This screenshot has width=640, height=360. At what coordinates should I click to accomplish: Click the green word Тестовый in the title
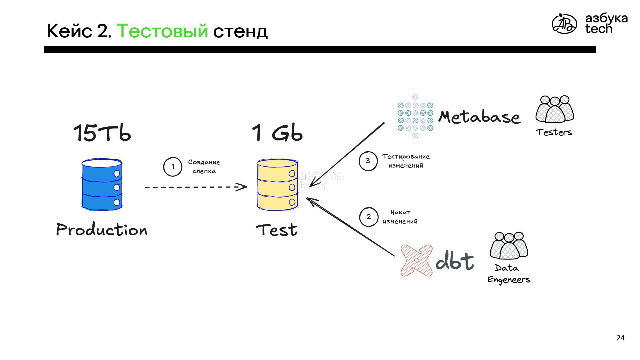point(162,31)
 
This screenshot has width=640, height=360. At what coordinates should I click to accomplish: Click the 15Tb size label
point(102,133)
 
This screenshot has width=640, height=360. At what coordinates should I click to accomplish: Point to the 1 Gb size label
point(277,133)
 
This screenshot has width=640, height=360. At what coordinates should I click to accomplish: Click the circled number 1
point(173,167)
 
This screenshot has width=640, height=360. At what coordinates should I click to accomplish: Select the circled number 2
point(369,217)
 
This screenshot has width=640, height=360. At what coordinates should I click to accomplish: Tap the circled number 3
point(368,161)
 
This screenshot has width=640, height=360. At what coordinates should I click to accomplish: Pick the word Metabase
point(479,117)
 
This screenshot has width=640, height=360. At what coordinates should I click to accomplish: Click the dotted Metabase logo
point(415,116)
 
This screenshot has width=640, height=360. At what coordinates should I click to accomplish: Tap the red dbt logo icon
point(417,260)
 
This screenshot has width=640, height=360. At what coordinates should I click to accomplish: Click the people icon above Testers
point(555,109)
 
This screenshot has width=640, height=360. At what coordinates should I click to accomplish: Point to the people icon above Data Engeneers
point(509,246)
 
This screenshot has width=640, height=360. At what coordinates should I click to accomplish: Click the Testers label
point(554,132)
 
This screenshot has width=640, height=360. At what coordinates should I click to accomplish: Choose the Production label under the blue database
point(102,230)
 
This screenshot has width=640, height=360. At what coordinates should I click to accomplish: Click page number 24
point(620,338)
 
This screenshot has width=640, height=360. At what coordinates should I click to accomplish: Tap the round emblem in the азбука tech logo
point(564,24)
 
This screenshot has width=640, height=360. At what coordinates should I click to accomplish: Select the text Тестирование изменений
point(406,161)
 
